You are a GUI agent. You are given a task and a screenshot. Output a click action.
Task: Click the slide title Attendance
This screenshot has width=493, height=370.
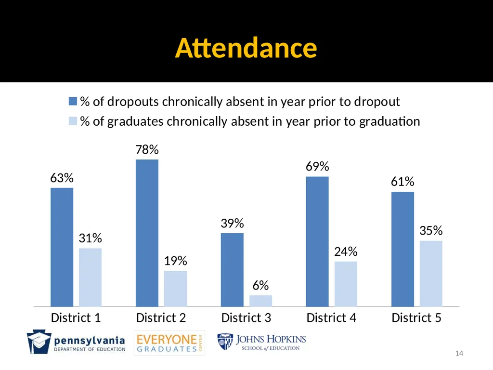tap(246, 48)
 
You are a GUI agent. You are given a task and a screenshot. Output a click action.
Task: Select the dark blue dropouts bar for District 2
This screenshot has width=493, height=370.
tap(147, 233)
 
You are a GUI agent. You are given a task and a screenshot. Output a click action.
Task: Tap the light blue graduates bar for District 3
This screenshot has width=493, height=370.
tap(260, 301)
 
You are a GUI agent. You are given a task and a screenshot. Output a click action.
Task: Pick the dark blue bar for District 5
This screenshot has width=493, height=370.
tap(402, 249)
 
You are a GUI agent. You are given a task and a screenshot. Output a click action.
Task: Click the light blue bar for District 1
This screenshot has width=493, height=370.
tap(90, 277)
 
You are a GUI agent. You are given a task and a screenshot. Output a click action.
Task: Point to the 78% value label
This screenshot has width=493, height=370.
tap(147, 149)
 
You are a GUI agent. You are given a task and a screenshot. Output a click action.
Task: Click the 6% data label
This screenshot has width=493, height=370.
tap(260, 285)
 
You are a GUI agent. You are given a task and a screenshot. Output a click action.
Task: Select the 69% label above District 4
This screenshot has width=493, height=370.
tap(317, 166)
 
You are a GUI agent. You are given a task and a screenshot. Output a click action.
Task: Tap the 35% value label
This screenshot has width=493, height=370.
tap(431, 231)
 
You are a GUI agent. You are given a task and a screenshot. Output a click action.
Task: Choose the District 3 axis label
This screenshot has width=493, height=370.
tap(246, 318)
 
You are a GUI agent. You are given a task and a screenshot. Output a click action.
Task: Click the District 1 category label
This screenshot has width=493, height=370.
tap(76, 318)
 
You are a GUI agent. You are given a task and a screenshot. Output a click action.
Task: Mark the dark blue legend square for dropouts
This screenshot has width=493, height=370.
tap(73, 101)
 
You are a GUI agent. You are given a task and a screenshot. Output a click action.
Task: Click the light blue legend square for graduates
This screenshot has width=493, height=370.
tap(73, 121)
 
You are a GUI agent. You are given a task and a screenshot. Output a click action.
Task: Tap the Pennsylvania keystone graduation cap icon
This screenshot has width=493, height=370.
tap(39, 342)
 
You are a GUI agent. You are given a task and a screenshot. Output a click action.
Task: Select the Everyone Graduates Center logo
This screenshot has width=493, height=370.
tap(169, 343)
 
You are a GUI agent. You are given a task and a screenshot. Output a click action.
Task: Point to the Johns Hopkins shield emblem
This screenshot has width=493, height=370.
tap(225, 342)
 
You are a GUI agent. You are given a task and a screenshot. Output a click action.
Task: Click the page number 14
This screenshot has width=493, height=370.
tap(459, 353)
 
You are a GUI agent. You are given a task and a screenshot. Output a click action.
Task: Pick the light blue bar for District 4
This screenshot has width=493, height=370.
tap(346, 284)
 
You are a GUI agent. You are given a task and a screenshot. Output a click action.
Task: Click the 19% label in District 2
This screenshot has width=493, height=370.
tap(175, 261)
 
